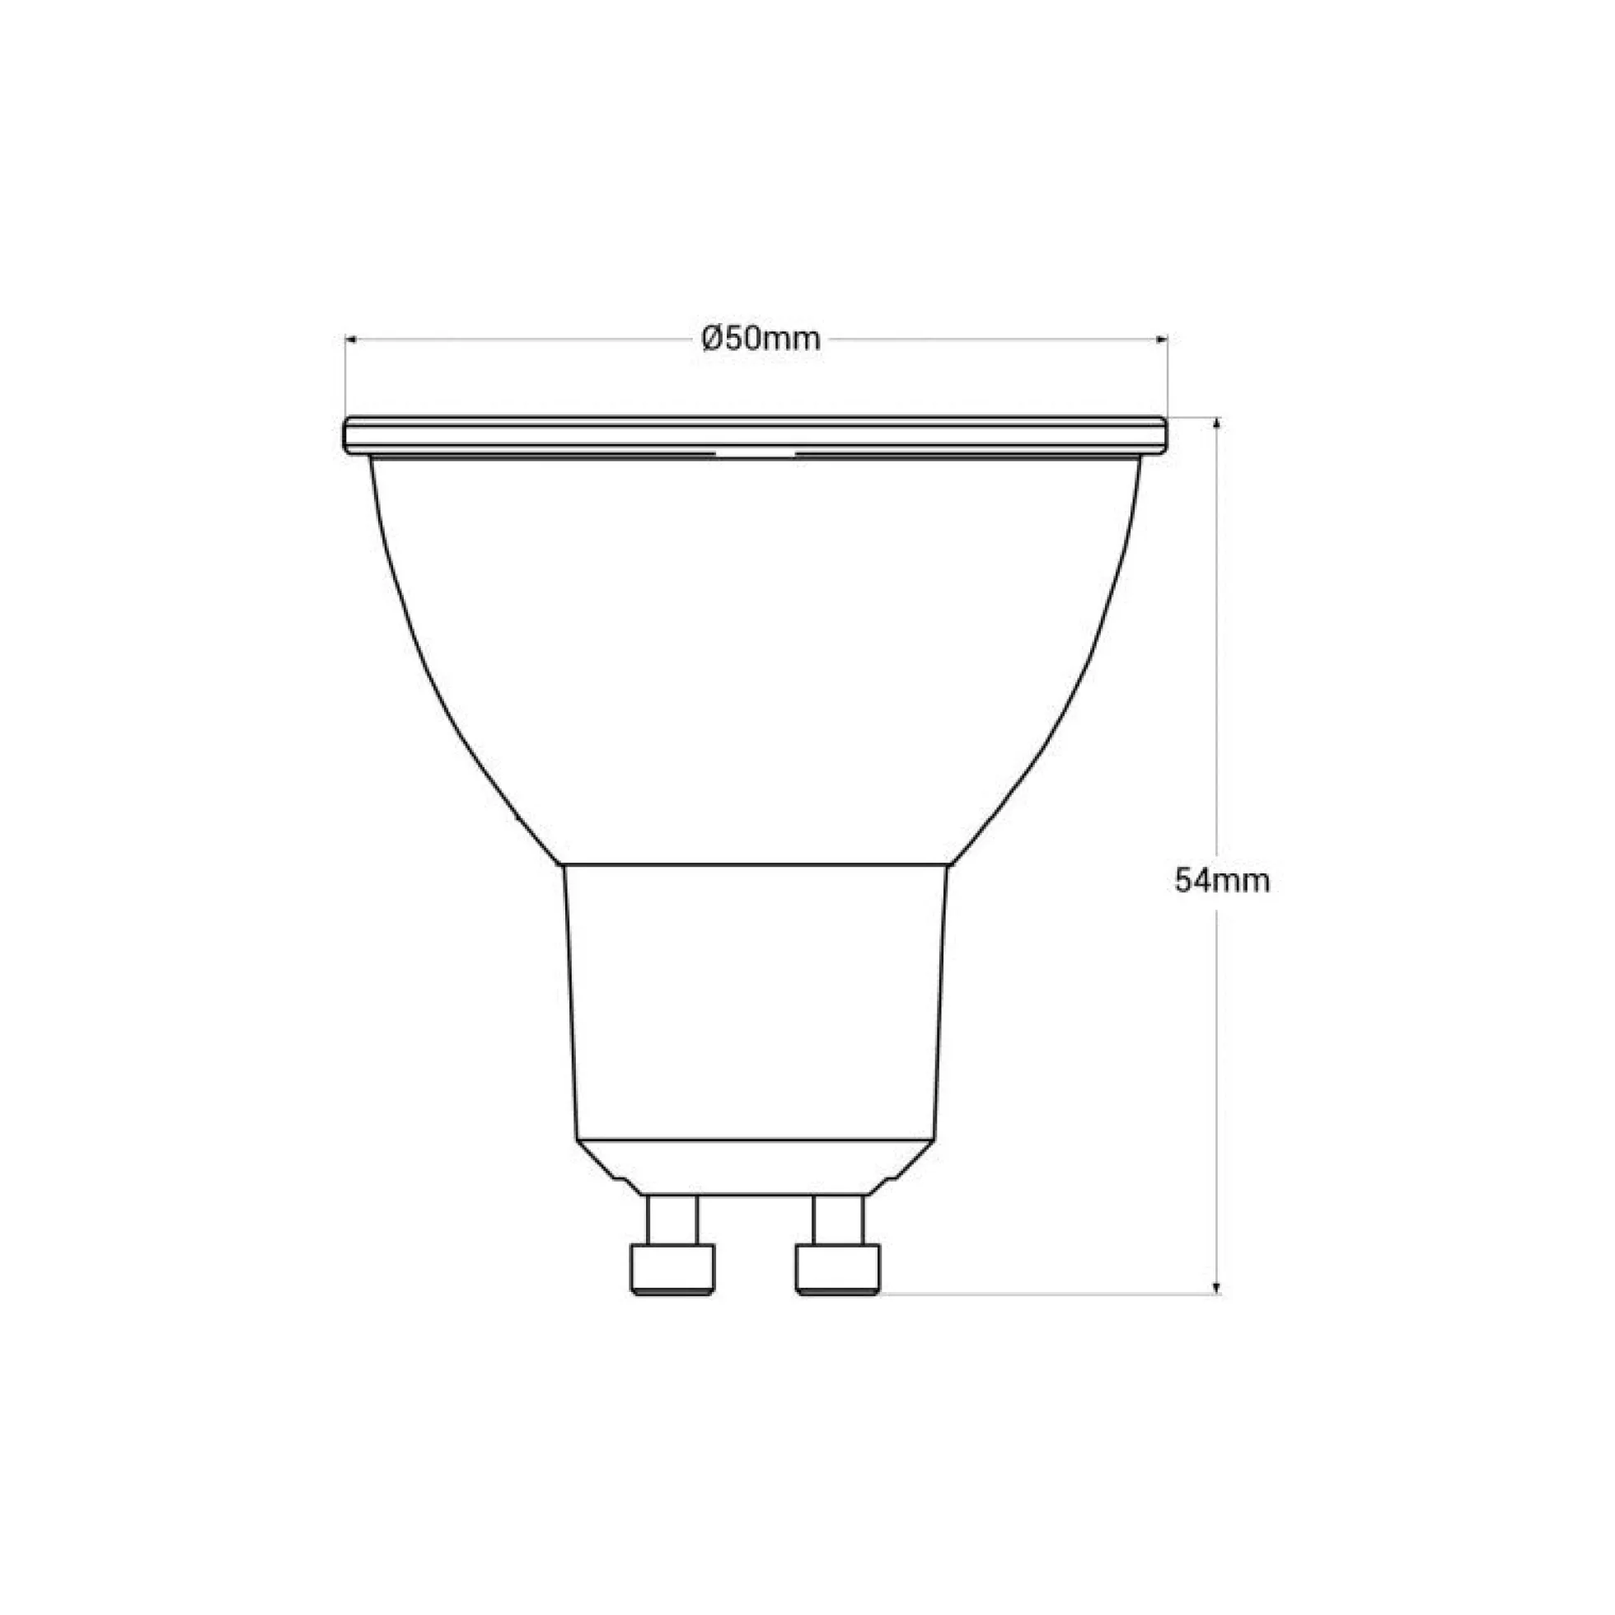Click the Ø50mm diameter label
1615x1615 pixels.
click(761, 339)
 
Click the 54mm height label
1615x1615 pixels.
click(1222, 880)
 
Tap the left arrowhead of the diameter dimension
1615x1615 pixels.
click(351, 339)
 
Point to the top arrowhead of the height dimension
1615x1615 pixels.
click(1217, 423)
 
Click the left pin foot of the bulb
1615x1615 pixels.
click(673, 1294)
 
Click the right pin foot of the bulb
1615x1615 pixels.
click(839, 1294)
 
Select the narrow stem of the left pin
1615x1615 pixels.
click(673, 1232)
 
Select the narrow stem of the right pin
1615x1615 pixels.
click(839, 1232)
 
